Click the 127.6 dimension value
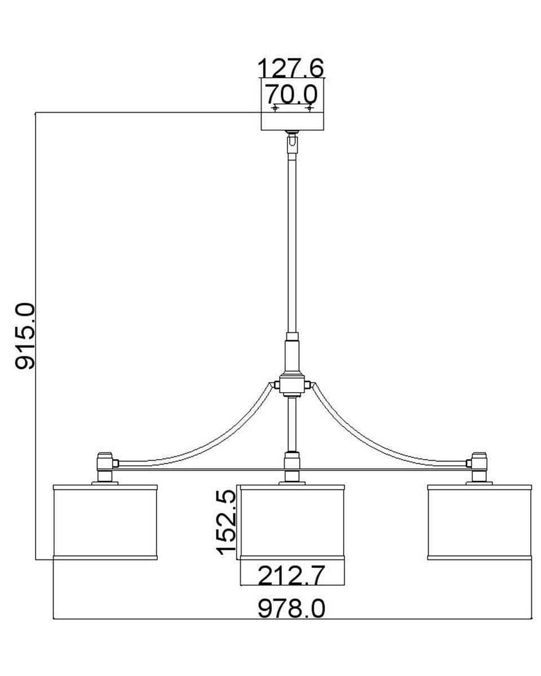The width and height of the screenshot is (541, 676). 290,68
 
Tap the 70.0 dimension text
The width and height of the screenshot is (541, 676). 292,94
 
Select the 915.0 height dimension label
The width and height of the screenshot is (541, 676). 25,336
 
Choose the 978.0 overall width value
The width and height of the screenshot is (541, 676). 291,608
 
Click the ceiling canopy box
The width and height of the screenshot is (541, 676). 292,104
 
